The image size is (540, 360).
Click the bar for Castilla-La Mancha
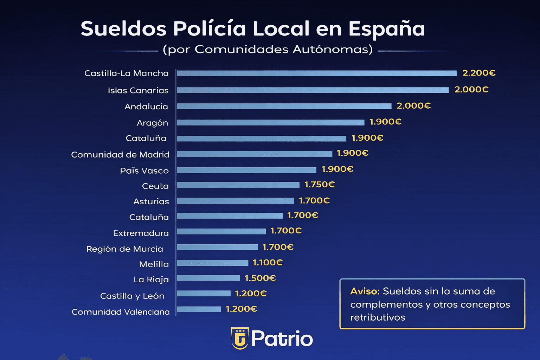316,73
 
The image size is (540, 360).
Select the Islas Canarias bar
313,90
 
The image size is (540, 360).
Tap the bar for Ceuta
238,185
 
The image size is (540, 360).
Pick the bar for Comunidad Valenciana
199,309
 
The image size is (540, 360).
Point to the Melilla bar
212,263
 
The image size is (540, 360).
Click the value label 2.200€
479,73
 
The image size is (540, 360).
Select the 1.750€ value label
319,185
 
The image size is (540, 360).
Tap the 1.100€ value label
268,262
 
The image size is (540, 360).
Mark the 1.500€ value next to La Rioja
260,278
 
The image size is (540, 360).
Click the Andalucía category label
146,107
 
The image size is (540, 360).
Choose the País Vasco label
144,171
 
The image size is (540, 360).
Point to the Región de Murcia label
124,249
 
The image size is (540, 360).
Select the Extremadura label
141,233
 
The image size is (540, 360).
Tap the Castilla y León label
132,296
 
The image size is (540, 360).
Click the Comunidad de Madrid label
120,155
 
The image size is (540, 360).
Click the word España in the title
386,29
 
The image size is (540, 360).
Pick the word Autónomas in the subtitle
333,49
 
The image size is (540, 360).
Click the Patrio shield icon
240,338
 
